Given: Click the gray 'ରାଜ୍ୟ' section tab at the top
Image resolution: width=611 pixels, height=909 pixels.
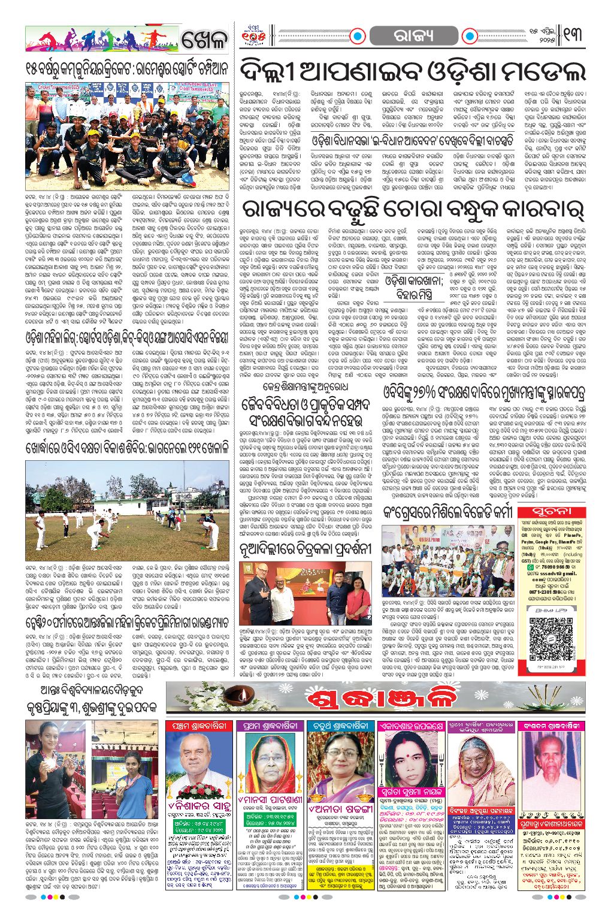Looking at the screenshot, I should pos(413,37).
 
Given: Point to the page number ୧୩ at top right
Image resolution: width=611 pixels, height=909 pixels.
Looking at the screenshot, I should pos(573,36).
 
